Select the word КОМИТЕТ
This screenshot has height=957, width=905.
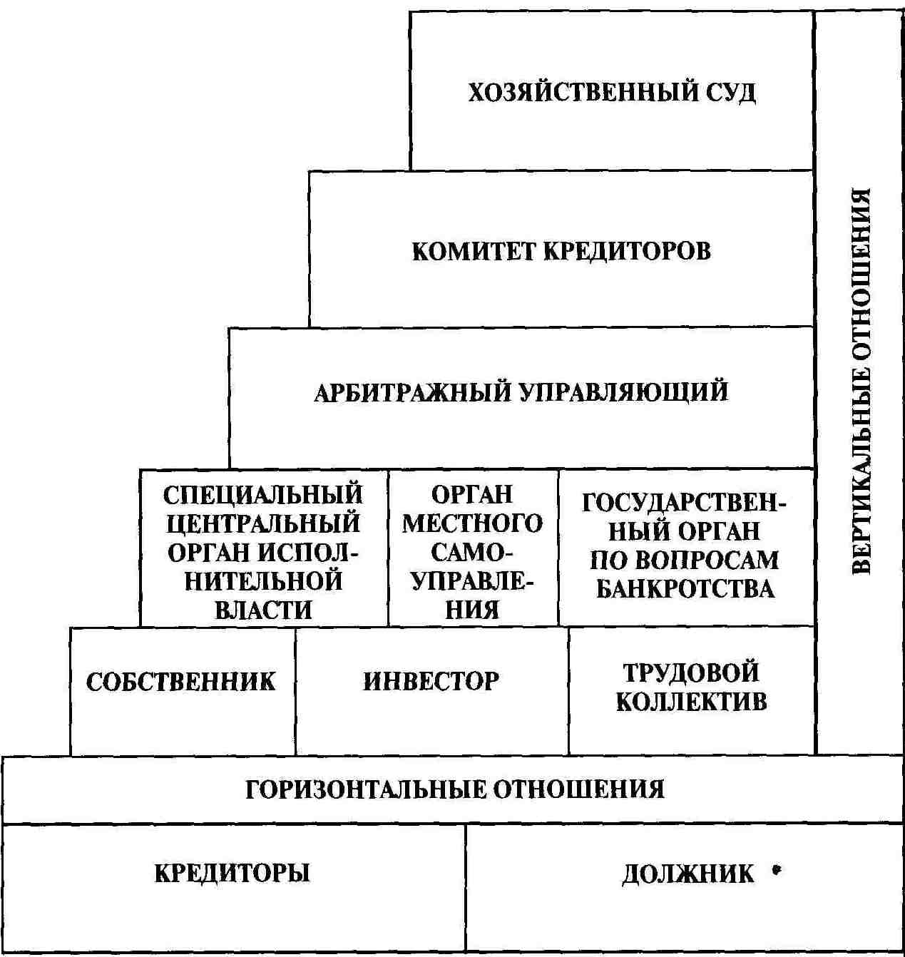pos(473,251)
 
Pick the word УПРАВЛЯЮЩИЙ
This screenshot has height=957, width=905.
pos(624,391)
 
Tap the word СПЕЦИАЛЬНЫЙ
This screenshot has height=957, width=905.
pos(263,495)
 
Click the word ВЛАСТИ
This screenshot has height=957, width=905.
pos(263,610)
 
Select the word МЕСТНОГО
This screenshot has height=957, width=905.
pos(472,524)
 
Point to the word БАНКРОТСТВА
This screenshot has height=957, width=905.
pos(685,589)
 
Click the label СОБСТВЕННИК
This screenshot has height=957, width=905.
pos(180,682)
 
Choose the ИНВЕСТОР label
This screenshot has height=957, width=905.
pos(431,681)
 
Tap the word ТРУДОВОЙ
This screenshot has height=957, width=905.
pos(691,672)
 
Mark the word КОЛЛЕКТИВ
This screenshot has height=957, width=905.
pos(691,702)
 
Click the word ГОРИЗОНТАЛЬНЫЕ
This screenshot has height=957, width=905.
pos(364,789)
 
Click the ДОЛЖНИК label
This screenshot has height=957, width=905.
pos(687,874)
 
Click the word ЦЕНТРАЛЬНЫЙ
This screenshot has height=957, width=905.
pos(263,523)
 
